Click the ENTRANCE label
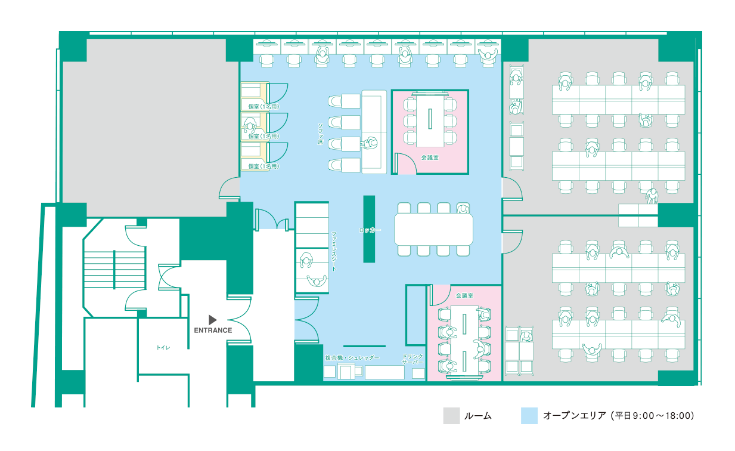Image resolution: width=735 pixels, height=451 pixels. pyautogui.click(x=213, y=330)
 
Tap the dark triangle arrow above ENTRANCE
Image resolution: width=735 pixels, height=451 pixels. pyautogui.click(x=212, y=320)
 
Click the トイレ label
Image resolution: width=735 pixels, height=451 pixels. pyautogui.click(x=163, y=348)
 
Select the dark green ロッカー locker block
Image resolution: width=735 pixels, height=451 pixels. pyautogui.click(x=369, y=229)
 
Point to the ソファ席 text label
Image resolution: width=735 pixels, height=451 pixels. pyautogui.click(x=321, y=134)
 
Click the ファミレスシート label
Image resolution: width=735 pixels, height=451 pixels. pyautogui.click(x=334, y=252)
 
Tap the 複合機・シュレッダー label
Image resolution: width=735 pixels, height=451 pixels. pyautogui.click(x=352, y=358)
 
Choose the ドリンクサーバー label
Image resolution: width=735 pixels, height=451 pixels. pyautogui.click(x=413, y=359)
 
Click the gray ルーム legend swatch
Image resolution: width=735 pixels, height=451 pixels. pyautogui.click(x=451, y=416)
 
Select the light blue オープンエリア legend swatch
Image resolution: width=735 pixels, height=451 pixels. pyautogui.click(x=529, y=416)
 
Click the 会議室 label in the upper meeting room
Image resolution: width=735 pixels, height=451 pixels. pyautogui.click(x=430, y=157)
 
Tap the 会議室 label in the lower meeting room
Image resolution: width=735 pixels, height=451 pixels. pyautogui.click(x=464, y=296)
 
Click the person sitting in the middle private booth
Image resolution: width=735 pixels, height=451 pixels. pyautogui.click(x=249, y=125)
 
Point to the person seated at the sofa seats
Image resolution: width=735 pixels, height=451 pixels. pyautogui.click(x=370, y=143)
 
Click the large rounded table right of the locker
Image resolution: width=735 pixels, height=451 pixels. pyautogui.click(x=433, y=229)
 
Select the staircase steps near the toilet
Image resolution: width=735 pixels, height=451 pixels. pyautogui.click(x=114, y=270)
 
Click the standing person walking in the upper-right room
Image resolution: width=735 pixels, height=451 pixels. pyautogui.click(x=652, y=196)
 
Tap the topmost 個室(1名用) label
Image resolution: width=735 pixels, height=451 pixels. pyautogui.click(x=263, y=106)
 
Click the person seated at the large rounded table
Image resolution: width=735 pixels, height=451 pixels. pyautogui.click(x=463, y=209)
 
